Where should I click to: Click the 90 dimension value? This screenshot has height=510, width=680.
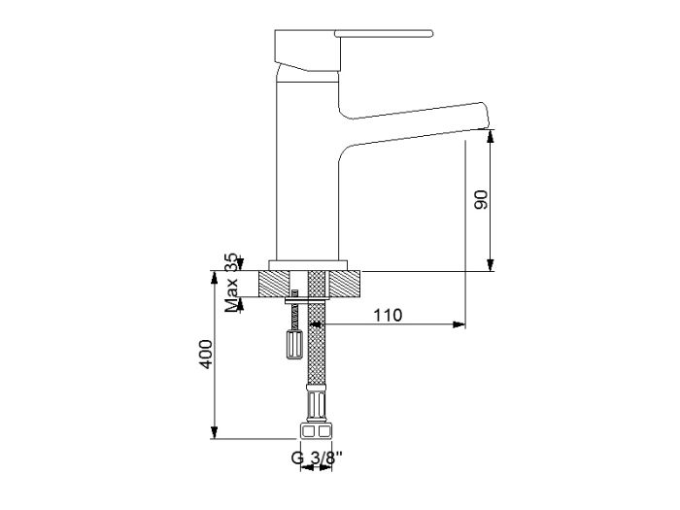[481, 200]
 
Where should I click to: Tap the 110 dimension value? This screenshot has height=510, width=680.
[388, 316]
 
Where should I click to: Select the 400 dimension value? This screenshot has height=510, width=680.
[206, 355]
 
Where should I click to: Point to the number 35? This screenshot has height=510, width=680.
[232, 262]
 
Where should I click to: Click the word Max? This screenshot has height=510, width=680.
[232, 295]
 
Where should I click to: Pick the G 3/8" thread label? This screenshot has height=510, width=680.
[317, 458]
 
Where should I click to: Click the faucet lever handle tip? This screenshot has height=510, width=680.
[430, 33]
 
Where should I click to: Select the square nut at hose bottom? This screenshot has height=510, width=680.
[316, 431]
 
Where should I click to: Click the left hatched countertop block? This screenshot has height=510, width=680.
[274, 284]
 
